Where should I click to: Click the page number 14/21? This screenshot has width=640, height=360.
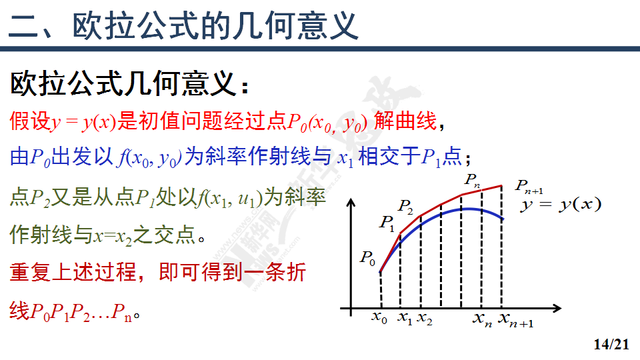point(611,344)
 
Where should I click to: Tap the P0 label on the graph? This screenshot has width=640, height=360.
point(367,258)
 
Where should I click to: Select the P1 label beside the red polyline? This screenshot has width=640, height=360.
point(387,223)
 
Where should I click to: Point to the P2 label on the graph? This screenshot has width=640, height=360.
point(405,207)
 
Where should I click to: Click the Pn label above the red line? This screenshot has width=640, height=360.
point(472,180)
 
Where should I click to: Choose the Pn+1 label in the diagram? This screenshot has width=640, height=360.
point(529,186)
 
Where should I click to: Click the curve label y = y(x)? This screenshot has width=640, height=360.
point(561,205)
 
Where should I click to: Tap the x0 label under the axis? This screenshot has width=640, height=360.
point(379,317)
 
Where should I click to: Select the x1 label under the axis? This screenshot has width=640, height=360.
point(405,317)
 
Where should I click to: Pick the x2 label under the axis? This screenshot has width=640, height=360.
point(425,319)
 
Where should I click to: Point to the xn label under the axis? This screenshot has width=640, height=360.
point(483,319)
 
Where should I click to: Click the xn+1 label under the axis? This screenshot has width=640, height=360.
point(516,320)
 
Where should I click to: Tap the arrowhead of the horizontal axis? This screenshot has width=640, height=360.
point(557,309)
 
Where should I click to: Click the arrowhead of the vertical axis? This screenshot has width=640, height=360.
point(351,203)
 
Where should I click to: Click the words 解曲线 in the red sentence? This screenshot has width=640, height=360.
point(405,121)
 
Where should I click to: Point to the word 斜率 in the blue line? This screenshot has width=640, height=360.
point(226,156)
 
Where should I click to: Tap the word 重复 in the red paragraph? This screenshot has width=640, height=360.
point(30,272)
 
